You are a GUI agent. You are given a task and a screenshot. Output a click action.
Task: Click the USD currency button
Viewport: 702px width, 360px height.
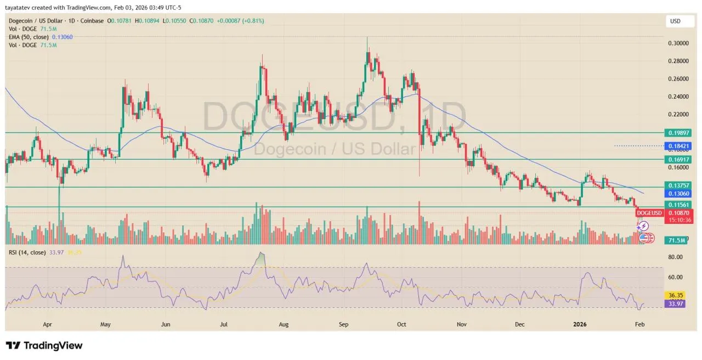(675, 21)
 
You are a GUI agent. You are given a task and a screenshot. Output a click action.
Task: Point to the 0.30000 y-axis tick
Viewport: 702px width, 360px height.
(677, 43)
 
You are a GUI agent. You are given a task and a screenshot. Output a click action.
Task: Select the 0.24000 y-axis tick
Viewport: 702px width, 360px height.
(677, 97)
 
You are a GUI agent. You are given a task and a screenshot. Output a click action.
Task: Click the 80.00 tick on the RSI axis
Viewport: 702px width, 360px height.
(675, 257)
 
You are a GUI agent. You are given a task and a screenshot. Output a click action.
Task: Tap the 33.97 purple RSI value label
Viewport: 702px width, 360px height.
(675, 303)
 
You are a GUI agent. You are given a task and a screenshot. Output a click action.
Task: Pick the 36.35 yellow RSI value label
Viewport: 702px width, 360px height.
(675, 295)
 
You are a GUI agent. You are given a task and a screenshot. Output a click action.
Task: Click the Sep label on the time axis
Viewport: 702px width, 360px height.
(343, 324)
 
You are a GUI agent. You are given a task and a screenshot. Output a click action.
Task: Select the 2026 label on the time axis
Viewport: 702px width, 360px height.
(580, 324)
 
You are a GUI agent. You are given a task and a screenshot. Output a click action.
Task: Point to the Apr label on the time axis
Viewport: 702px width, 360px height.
(47, 324)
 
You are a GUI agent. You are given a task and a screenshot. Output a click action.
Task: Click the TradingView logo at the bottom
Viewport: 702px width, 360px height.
(44, 346)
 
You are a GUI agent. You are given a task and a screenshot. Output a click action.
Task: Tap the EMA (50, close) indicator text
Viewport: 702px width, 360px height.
(29, 37)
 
